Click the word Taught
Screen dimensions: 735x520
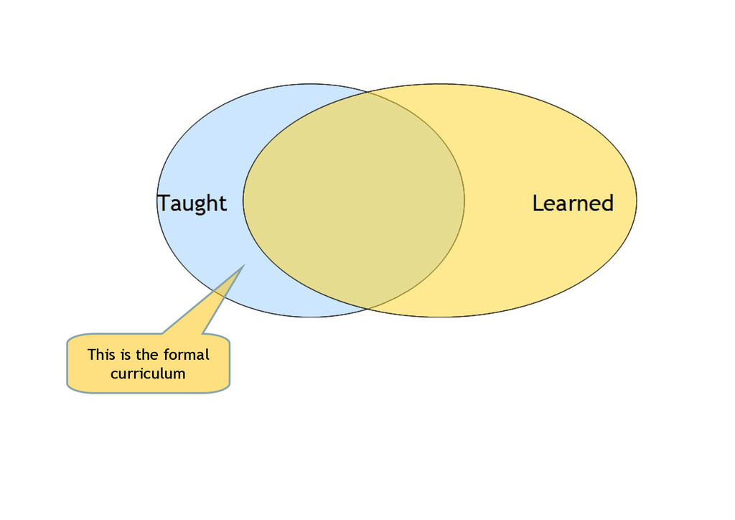192,204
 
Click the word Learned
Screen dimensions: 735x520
573,203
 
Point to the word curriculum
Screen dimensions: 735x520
148,373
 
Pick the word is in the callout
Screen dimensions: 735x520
126,354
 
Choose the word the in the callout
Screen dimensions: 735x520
149,354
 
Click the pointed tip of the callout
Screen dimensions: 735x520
244,266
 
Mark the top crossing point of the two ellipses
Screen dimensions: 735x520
368,92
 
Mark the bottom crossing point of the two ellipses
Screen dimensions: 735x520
368,309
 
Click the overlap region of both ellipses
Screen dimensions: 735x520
353,201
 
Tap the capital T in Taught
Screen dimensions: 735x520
164,203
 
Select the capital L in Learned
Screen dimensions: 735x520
538,203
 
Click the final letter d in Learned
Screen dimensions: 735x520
607,203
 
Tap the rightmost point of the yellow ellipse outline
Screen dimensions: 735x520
637,200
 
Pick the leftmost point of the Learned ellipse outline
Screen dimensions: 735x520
243,200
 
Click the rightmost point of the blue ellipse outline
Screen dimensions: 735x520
464,200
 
